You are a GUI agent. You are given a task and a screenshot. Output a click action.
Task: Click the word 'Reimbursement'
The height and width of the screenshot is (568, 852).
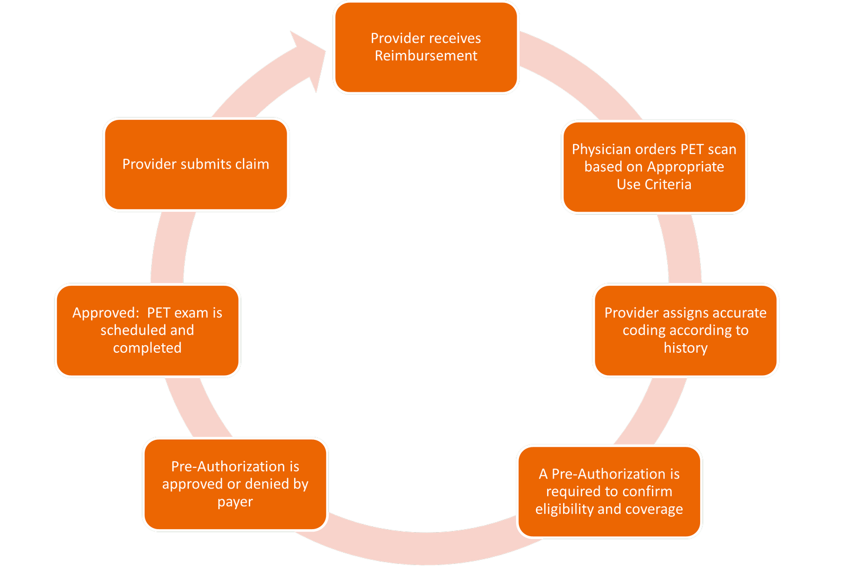tap(426, 56)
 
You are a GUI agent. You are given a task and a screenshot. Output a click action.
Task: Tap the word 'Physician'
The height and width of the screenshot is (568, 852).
tap(601, 149)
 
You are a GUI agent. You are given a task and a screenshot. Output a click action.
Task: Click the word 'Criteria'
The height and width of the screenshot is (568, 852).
tap(669, 185)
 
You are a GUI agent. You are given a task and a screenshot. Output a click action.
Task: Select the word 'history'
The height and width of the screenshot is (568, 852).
tap(685, 348)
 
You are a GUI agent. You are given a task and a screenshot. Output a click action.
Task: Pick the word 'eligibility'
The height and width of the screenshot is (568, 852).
tap(564, 509)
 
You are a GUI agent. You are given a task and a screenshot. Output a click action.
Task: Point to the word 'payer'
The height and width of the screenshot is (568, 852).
tap(235, 502)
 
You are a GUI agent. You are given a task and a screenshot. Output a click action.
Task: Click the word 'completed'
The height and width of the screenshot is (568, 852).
tap(147, 348)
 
